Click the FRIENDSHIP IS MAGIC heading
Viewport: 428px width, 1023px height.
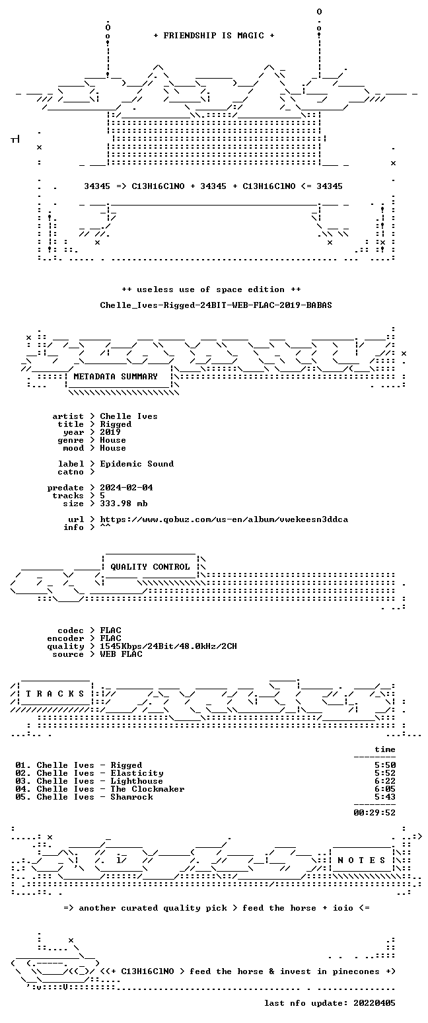(214, 36)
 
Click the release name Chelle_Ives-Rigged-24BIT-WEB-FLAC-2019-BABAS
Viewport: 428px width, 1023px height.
(216, 305)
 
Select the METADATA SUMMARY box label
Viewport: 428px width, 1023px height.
(116, 377)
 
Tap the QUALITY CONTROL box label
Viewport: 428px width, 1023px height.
(150, 567)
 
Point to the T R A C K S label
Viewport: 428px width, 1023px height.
(55, 694)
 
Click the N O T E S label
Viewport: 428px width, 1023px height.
(361, 860)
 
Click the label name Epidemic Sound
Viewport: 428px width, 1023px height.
(137, 464)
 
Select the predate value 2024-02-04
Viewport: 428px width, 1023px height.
(126, 488)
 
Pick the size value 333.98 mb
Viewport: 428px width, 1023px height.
(124, 504)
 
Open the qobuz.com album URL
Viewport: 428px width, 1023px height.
(224, 519)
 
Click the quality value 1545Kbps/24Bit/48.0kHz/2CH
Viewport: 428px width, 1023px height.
(168, 646)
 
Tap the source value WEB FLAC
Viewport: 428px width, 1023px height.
(121, 654)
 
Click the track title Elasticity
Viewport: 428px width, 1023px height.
(137, 773)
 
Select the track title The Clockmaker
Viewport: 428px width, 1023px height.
(147, 789)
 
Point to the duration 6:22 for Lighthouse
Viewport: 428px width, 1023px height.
(385, 781)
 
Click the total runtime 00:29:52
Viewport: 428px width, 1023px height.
(374, 813)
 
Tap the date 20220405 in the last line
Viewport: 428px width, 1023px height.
(374, 1003)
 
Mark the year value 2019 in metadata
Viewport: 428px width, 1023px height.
(110, 432)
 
